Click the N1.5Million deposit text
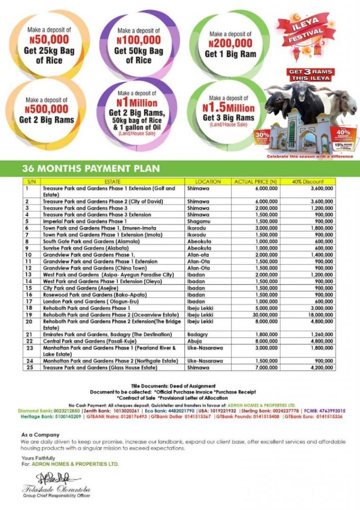(229, 108)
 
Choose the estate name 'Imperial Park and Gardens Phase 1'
(85, 221)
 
